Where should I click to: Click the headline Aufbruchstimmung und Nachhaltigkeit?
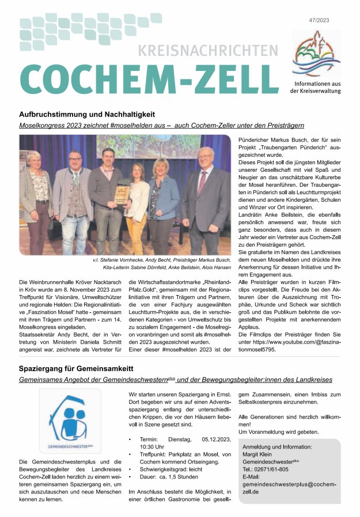pyautogui.click(x=87, y=114)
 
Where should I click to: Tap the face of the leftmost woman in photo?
pyautogui.click(x=34, y=159)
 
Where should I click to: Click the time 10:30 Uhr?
pyautogui.click(x=150, y=446)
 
